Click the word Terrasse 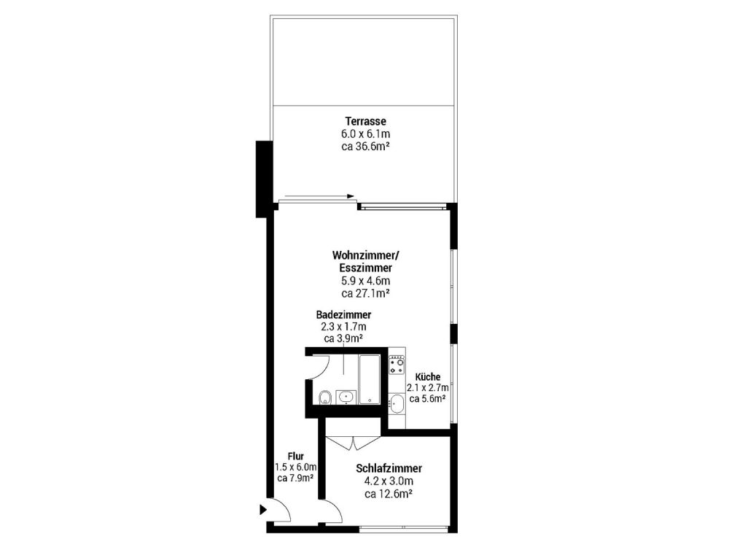pos(365,121)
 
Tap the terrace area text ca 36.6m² pos(365,146)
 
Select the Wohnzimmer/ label pos(366,256)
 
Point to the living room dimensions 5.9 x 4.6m pos(365,281)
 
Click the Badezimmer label pos(344,314)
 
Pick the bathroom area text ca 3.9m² pos(344,338)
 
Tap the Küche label pos(427,377)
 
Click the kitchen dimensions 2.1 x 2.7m pos(427,388)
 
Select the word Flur pos(295,457)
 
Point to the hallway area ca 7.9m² pos(295,478)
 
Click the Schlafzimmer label pos(389,469)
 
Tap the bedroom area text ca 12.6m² pos(389,494)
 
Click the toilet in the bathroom pos(325,397)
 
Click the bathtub pos(369,379)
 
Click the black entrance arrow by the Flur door pos(263,511)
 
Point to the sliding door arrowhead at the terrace pos(351,196)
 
